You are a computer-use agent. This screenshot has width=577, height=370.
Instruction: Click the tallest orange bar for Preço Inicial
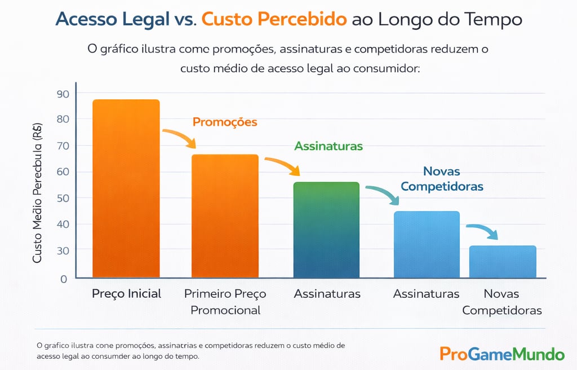point(126,188)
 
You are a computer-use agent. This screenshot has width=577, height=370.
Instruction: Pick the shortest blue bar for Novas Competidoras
point(503,262)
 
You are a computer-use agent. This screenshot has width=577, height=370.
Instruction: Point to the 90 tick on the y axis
point(62,94)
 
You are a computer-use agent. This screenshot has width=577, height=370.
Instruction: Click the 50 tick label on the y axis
point(62,198)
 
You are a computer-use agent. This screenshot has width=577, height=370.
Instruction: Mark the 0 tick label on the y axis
point(64,279)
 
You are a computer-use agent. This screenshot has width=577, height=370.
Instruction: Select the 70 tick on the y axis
point(62,146)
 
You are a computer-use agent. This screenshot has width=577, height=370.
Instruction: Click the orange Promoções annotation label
point(225,122)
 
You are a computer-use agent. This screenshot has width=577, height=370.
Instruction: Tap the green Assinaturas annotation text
point(329,146)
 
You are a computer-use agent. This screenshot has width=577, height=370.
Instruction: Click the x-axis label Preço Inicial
point(126,294)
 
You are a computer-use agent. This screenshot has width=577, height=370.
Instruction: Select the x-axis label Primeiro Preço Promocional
point(225,302)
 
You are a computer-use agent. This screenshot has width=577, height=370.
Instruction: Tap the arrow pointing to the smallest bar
point(483,231)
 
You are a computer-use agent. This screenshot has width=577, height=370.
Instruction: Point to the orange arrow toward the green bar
point(283,166)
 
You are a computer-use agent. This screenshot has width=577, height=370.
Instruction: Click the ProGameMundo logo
point(501,354)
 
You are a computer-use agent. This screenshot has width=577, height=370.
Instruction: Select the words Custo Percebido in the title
point(274,19)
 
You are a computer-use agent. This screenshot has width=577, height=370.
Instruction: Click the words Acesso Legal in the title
point(112,19)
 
